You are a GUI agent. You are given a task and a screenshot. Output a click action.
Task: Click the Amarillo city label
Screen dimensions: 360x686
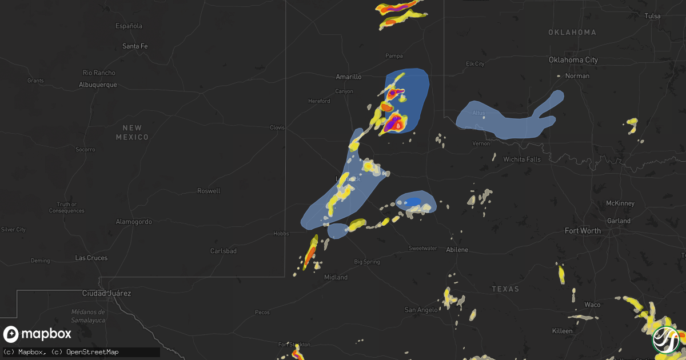348,77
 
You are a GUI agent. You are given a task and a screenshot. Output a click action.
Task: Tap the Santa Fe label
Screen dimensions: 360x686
135,46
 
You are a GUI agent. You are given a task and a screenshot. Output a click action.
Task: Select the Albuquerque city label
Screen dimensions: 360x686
98,85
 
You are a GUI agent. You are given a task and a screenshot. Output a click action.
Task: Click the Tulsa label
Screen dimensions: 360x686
652,16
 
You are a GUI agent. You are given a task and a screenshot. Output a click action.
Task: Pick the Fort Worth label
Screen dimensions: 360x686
583,231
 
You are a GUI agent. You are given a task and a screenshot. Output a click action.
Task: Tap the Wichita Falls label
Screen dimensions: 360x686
521,159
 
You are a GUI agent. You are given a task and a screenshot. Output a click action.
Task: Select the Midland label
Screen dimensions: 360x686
336,277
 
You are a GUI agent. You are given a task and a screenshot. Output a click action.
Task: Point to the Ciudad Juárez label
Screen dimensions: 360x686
107,294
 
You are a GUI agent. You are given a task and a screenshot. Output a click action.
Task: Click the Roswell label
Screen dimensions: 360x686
209,191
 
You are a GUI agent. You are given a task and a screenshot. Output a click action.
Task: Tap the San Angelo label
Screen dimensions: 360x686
421,310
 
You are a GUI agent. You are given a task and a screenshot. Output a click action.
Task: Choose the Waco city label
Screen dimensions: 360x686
592,305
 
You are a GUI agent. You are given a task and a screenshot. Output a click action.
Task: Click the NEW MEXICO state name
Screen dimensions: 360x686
132,133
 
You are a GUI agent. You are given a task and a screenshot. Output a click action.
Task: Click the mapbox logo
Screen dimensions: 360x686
38,334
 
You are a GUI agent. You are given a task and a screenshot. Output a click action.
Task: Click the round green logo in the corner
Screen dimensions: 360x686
666,339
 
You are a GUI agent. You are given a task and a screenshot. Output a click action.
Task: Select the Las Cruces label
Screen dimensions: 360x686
91,258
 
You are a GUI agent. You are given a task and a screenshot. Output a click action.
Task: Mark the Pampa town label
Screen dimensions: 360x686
394,56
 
